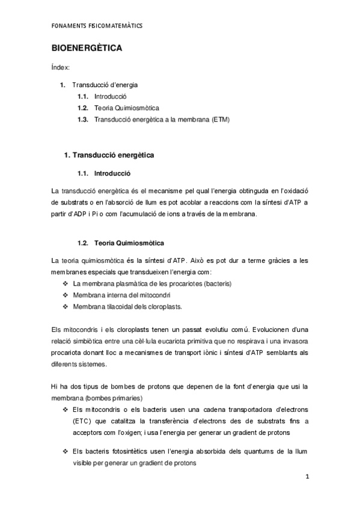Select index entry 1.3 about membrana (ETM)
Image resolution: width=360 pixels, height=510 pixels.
click(162, 119)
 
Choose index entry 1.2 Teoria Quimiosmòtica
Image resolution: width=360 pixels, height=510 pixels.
click(126, 108)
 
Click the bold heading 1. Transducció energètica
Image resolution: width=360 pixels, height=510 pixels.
click(109, 155)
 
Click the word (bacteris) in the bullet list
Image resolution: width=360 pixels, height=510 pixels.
click(218, 283)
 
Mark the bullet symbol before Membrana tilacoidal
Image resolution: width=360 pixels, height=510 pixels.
click(65, 307)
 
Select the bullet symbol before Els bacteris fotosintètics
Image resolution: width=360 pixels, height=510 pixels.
click(65, 451)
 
